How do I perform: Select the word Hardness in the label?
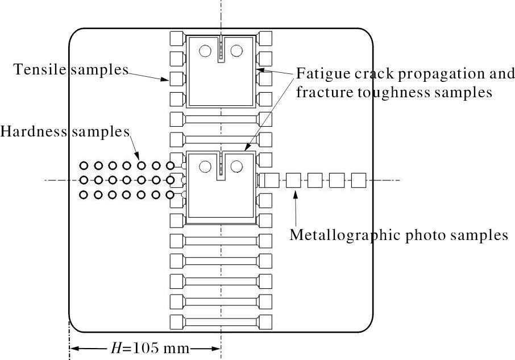point(34,131)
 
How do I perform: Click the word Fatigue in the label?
point(323,74)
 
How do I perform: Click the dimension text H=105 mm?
point(150,348)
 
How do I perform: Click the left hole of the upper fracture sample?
point(205,51)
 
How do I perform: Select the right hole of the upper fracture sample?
point(236,51)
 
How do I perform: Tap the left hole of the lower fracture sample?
point(205,167)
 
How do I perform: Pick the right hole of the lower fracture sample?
point(236,167)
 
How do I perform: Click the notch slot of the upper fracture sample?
point(221,49)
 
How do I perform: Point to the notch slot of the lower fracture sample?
point(221,166)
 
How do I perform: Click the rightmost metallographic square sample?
point(359,180)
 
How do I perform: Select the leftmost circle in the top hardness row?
point(84,165)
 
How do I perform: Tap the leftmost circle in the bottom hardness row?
point(84,195)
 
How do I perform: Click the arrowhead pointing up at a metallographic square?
point(296,193)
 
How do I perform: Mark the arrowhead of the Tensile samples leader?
point(166,79)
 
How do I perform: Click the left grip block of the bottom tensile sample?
point(176,322)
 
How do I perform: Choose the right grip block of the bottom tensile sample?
point(265,322)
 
